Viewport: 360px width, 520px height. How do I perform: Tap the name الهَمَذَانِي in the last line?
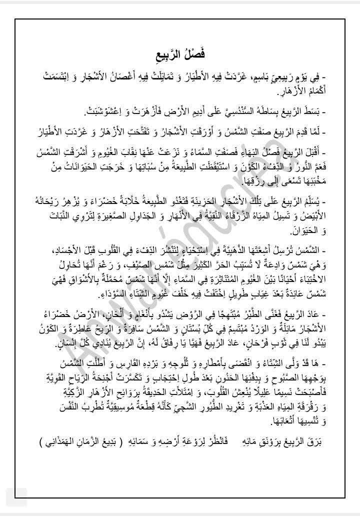coord(59,429)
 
